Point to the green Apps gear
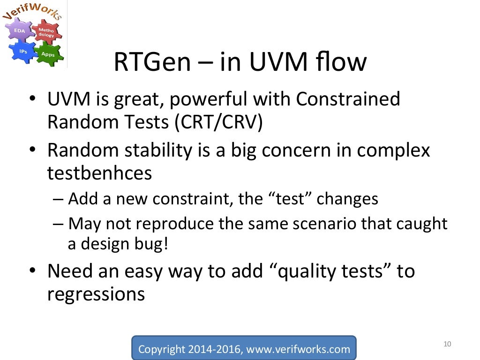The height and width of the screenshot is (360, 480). (x=48, y=54)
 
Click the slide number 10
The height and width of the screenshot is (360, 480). (x=446, y=345)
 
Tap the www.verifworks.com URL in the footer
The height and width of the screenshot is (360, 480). (x=298, y=349)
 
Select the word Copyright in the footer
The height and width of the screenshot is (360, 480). (x=162, y=349)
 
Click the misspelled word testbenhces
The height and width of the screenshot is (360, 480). (x=100, y=173)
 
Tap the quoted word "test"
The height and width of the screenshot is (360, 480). (x=291, y=199)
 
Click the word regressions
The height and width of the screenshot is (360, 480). (x=96, y=294)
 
